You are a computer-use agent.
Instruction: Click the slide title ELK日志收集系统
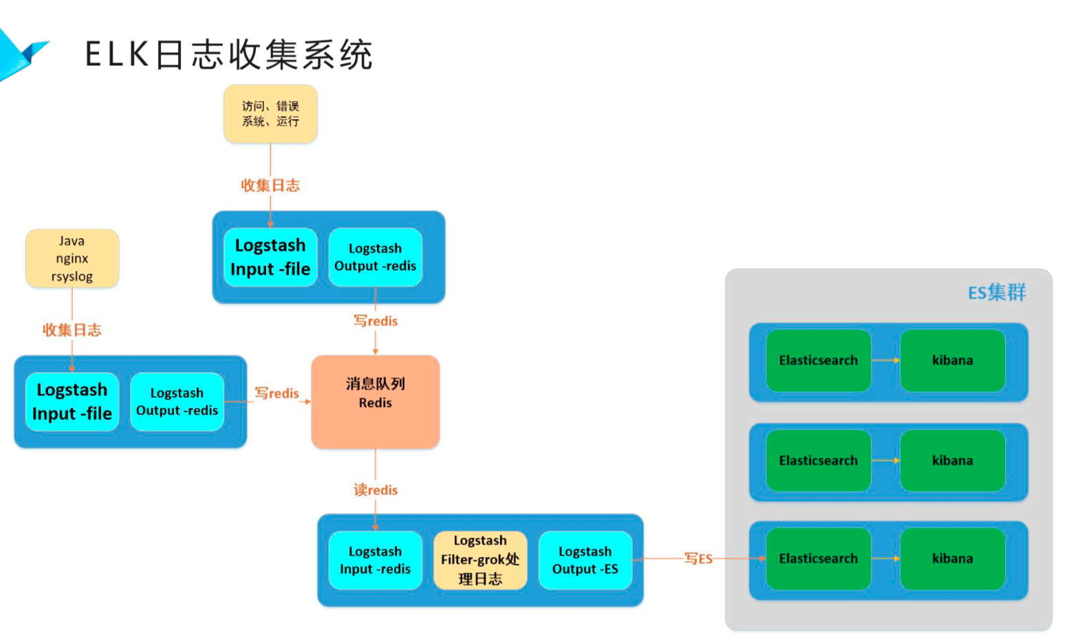point(228,54)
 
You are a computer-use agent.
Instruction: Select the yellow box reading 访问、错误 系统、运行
point(270,114)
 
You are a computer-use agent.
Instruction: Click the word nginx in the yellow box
point(72,259)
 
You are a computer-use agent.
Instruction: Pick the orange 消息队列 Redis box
point(375,402)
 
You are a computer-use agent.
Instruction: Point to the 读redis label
point(376,490)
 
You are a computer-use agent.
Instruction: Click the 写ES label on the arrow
point(698,558)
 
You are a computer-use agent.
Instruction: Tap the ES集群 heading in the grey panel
point(996,293)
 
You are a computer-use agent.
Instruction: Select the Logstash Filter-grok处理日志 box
point(480,560)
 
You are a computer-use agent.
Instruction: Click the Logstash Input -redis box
point(375,560)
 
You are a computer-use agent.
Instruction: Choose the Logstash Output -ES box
point(585,560)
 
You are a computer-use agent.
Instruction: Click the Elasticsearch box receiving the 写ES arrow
point(818,558)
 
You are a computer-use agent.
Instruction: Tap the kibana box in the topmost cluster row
point(952,360)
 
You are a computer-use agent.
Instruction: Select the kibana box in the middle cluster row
point(952,461)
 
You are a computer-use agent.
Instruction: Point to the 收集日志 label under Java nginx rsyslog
point(72,330)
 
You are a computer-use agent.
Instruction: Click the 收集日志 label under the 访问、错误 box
point(270,186)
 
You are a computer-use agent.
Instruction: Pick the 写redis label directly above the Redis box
point(376,321)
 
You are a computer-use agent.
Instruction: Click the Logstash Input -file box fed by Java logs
point(72,402)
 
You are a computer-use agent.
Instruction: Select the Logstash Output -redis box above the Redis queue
point(375,257)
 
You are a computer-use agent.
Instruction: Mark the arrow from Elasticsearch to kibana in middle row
point(885,461)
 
